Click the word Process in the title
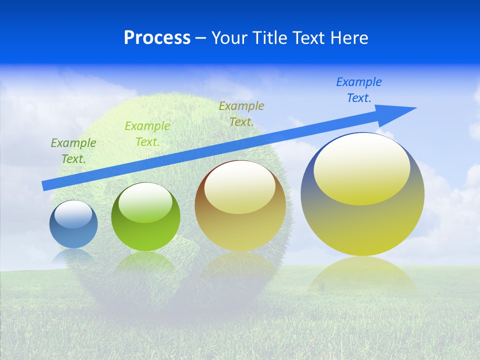157,38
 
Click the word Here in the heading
348,38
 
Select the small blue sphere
73,230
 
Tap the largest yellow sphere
362,220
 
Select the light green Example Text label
147,134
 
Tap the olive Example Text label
241,113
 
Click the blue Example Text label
359,89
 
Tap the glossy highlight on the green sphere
145,203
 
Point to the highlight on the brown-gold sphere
240,188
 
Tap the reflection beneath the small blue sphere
73,256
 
